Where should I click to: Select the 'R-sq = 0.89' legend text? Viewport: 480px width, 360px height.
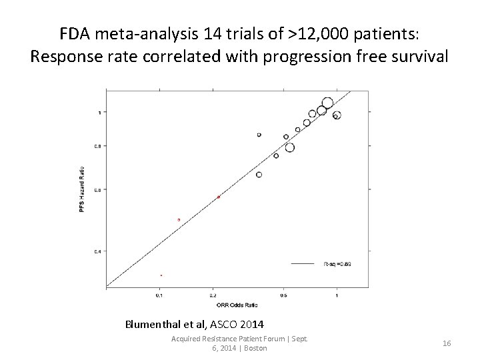click(x=337, y=264)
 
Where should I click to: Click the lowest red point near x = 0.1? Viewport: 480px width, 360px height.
click(x=161, y=275)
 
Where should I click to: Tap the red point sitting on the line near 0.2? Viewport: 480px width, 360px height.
click(x=218, y=197)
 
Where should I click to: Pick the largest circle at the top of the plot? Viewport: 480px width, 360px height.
click(x=327, y=103)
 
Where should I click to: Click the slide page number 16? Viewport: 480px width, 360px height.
click(x=447, y=343)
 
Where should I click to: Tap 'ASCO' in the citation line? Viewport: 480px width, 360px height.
click(x=221, y=325)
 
